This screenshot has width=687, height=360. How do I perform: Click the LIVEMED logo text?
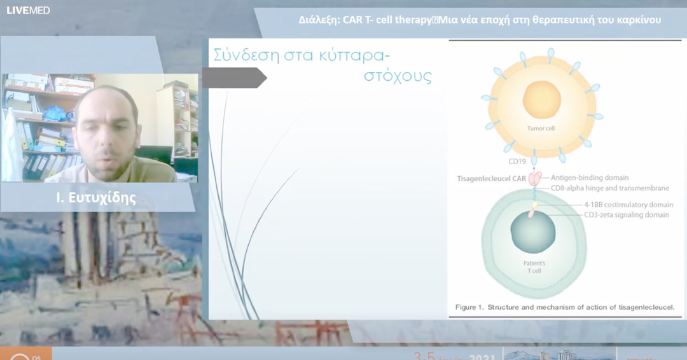pyautogui.click(x=28, y=10)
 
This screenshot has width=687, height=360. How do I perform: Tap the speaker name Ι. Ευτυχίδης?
pyautogui.click(x=96, y=197)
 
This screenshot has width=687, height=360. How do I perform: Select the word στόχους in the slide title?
pyautogui.click(x=398, y=76)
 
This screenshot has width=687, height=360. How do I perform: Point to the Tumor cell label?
pyautogui.click(x=541, y=128)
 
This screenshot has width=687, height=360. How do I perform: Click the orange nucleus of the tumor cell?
pyautogui.click(x=542, y=100)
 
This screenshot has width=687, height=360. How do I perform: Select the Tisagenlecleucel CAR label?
pyautogui.click(x=490, y=179)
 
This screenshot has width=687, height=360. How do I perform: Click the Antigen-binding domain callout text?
pyautogui.click(x=590, y=177)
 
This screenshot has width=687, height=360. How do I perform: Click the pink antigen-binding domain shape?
pyautogui.click(x=534, y=179)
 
